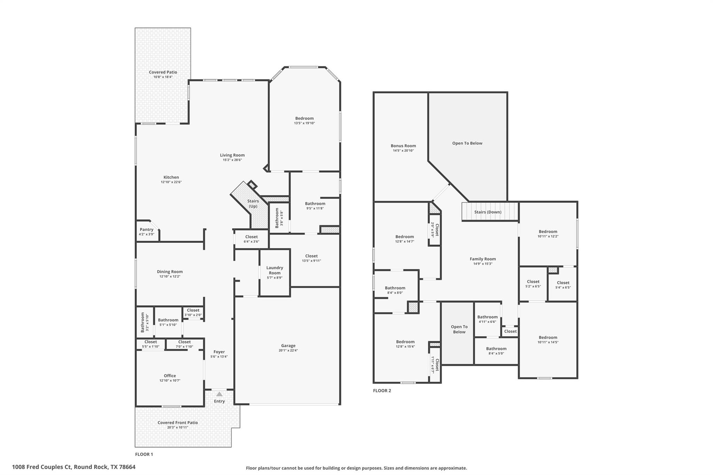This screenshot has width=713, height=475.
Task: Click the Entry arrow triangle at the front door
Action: click(x=219, y=394)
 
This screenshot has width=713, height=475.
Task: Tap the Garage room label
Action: click(x=288, y=346)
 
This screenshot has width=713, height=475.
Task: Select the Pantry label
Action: click(x=147, y=229)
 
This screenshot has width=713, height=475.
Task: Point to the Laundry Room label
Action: click(x=275, y=270)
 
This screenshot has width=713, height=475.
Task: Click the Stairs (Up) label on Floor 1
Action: click(x=253, y=204)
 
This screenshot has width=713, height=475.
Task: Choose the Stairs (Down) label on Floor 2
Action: click(x=488, y=212)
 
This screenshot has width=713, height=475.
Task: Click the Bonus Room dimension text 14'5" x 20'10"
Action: click(x=403, y=151)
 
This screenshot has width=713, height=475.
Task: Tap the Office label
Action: click(x=170, y=375)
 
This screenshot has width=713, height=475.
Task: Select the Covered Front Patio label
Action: click(x=178, y=422)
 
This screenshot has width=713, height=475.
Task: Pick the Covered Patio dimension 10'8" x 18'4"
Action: click(x=163, y=77)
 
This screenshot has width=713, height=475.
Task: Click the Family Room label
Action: click(x=483, y=259)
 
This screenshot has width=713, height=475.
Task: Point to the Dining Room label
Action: click(x=170, y=271)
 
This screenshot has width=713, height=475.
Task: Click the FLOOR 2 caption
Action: click(x=382, y=390)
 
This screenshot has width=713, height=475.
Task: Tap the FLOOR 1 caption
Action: click(x=144, y=454)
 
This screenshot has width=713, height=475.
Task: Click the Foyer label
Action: click(x=219, y=352)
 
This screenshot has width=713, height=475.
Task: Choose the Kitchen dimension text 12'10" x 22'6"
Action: click(x=171, y=182)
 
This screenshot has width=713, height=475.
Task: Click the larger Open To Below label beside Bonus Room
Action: click(x=467, y=143)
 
